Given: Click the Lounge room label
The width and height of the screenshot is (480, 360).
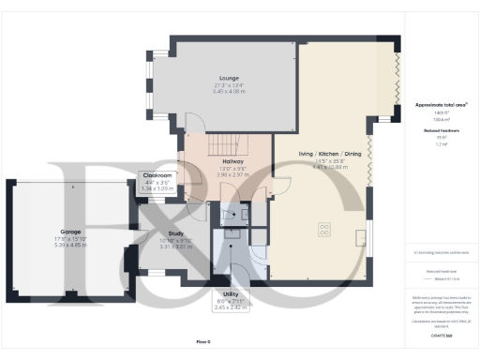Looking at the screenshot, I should [229, 78].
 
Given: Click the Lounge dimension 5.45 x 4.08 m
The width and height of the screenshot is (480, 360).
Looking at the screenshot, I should [229, 91].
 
